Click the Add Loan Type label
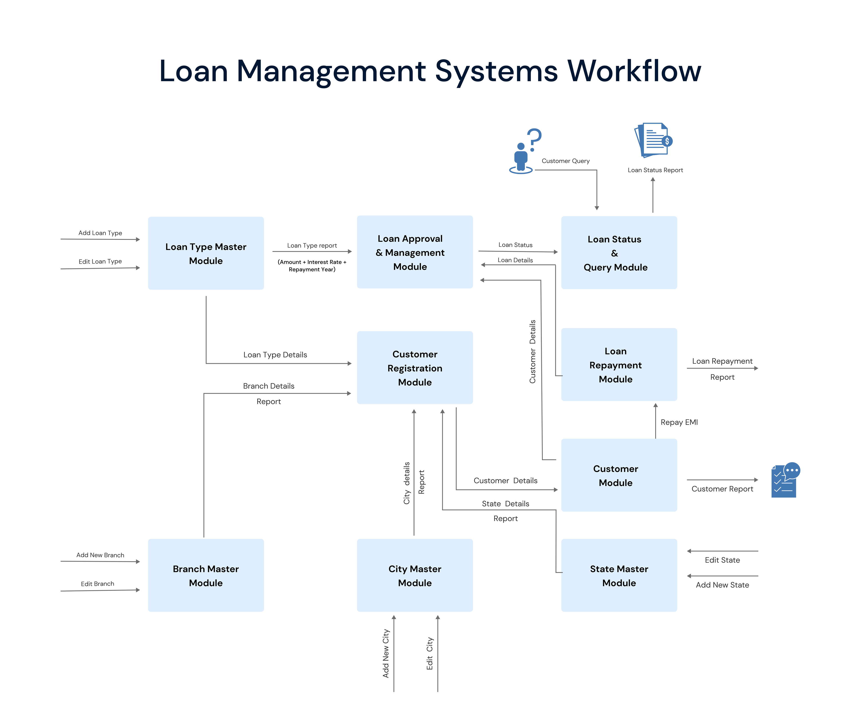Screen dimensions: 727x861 (x=100, y=233)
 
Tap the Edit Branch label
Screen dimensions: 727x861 (x=97, y=584)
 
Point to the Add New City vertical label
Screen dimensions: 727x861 (x=386, y=653)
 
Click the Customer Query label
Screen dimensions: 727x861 (x=565, y=161)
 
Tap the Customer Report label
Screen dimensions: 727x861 (x=722, y=489)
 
